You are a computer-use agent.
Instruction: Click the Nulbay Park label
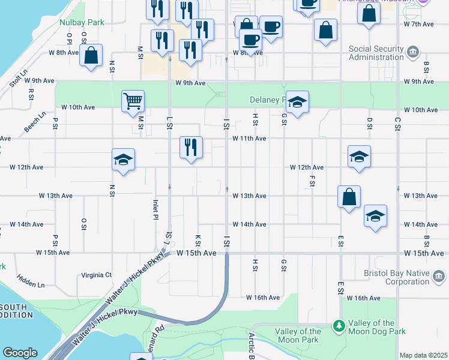click(x=82, y=22)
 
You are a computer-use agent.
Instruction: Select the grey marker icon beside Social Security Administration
click(x=413, y=52)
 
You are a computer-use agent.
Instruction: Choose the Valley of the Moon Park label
click(x=298, y=335)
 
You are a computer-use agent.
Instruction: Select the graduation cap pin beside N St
click(x=123, y=160)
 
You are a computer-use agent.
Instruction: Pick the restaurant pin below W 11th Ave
click(x=191, y=147)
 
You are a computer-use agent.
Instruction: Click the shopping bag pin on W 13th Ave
click(x=349, y=196)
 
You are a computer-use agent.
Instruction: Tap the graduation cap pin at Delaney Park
click(x=297, y=103)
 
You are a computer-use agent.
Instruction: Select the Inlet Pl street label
click(x=155, y=209)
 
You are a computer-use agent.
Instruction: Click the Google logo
click(x=20, y=353)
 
